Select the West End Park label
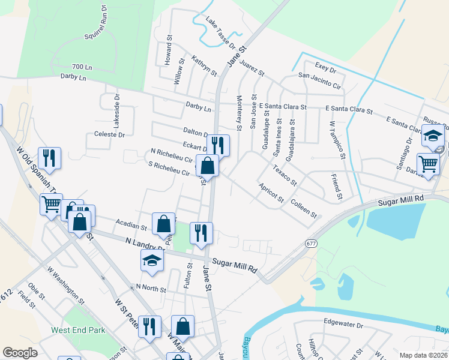pyautogui.click(x=78, y=330)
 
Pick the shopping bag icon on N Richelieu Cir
pyautogui.click(x=207, y=165)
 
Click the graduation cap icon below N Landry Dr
pyautogui.click(x=152, y=262)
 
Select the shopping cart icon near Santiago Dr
pyautogui.click(x=428, y=163)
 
